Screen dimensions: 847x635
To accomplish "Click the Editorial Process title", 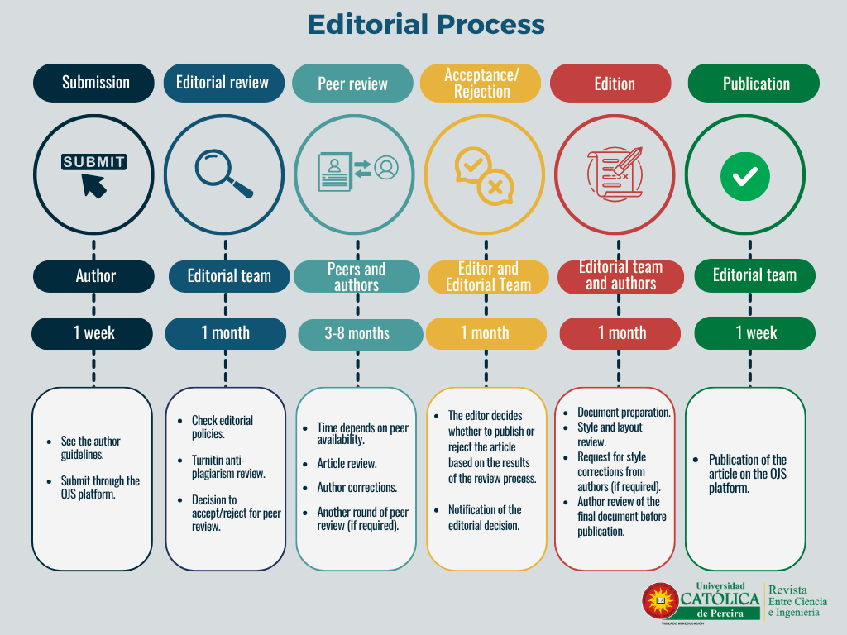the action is click(426, 25).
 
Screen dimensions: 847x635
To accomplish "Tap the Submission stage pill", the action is click(94, 83).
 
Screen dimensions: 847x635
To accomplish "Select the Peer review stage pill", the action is click(352, 84).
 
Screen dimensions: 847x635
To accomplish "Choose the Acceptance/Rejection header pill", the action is click(481, 84).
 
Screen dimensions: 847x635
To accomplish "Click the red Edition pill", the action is click(610, 84).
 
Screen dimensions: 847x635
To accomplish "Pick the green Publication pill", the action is click(754, 84).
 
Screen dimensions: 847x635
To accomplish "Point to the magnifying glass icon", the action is click(224, 174).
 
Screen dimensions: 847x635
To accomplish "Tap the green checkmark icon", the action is click(745, 176).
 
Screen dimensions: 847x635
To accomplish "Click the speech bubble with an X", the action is click(496, 188).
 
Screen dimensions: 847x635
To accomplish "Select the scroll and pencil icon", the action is click(615, 174).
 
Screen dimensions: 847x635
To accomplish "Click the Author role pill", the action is click(94, 276).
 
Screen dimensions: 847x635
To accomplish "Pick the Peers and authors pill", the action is click(357, 276).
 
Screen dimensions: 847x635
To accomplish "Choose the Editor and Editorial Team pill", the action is click(488, 276).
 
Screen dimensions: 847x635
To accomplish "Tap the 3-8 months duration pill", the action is click(361, 334).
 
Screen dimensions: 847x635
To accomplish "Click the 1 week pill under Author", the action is click(92, 333).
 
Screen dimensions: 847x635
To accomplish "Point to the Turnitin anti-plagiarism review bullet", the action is click(228, 467).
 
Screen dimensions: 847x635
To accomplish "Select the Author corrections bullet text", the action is click(357, 488).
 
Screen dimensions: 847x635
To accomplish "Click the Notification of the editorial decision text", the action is click(485, 518).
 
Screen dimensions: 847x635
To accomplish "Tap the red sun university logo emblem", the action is click(660, 600).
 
